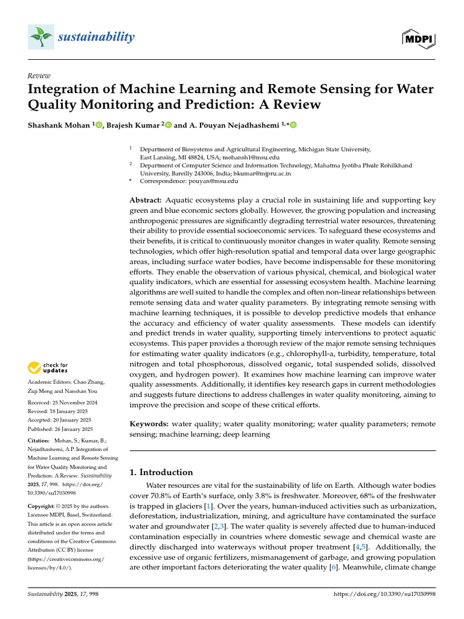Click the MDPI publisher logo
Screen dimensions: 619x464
tap(419, 38)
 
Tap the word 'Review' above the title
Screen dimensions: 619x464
tap(39, 76)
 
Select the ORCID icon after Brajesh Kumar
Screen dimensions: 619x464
tap(169, 125)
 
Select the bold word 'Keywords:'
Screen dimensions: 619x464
tap(150, 424)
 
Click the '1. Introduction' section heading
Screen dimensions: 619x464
tap(161, 472)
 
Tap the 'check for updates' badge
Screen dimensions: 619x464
tap(47, 368)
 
